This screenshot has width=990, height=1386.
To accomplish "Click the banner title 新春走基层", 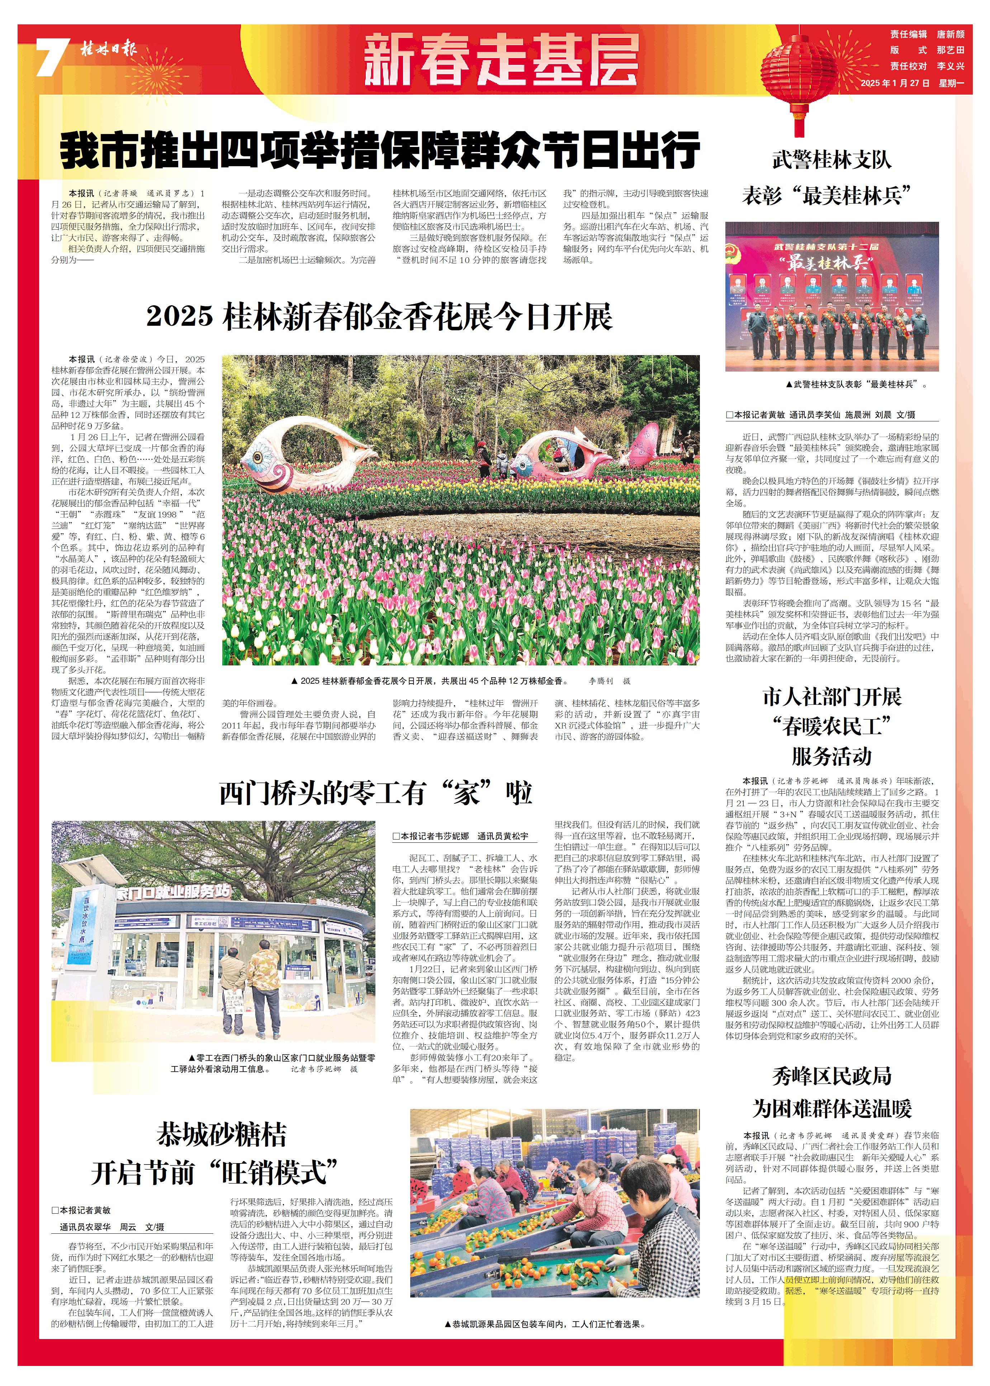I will (x=501, y=60).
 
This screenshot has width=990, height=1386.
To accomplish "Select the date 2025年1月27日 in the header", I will (x=895, y=83).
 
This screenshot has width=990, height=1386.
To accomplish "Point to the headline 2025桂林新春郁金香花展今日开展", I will (x=379, y=317).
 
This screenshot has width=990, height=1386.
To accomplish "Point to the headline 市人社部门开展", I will (x=832, y=696).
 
